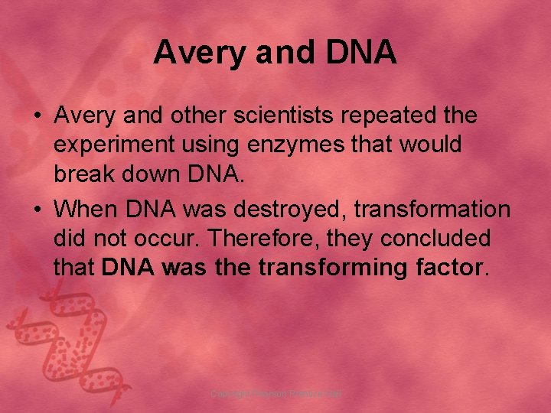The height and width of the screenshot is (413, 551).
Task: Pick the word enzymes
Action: pyautogui.click(x=288, y=145)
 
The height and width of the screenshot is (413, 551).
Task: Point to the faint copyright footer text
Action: pyautogui.click(x=275, y=394)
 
